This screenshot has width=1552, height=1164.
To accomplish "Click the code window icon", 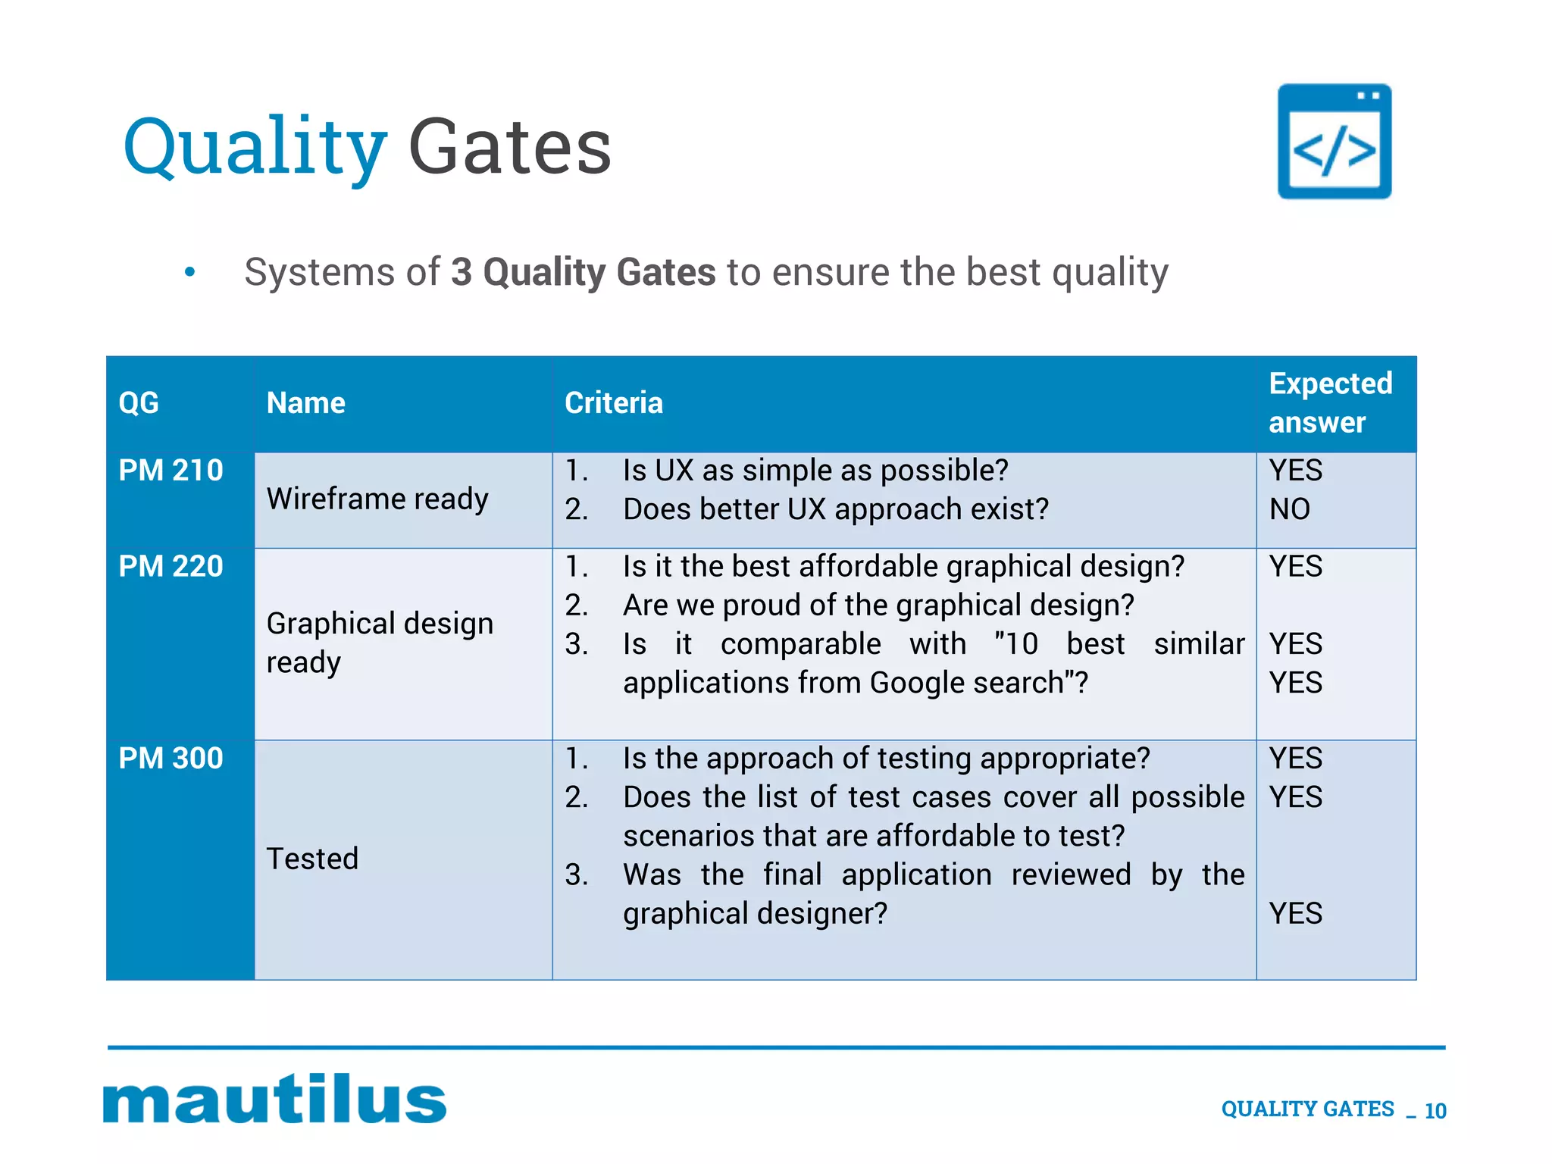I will coord(1334,142).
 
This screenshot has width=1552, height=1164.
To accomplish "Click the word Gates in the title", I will coord(509,148).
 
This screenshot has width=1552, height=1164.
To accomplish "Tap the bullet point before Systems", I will coord(189,272).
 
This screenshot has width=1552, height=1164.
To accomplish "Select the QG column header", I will coord(139,403).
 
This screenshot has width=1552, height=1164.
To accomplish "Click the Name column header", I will coord(305,403).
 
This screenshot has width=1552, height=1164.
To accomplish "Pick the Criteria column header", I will coord(613,403).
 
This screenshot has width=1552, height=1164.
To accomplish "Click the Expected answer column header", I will coord(1330,403).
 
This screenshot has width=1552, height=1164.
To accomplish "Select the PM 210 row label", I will coord(171,471).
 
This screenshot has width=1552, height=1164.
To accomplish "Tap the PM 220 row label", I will coord(171,567).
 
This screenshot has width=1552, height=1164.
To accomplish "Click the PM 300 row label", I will coord(171,759).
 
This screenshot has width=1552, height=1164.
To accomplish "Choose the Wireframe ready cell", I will coord(377,499).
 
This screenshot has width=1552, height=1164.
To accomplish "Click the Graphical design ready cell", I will coord(379,642).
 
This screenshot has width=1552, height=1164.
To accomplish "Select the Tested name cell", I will coord(312,859).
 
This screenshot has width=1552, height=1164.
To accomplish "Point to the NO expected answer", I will coord(1289,509).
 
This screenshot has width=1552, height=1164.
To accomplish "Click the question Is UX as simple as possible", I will coord(815,471).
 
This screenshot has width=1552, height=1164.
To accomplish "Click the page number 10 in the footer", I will coord(1435,1111).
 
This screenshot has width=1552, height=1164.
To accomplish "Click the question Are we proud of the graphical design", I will coord(878,605).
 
